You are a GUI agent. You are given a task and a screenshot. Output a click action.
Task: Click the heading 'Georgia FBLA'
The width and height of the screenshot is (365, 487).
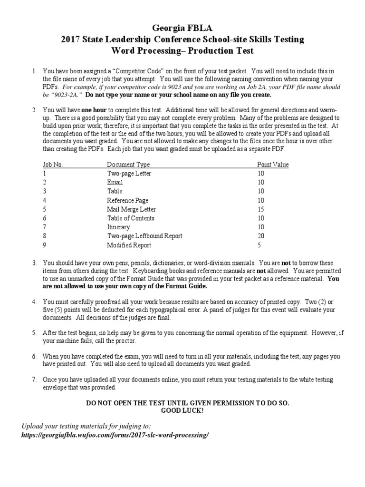[x=182, y=29]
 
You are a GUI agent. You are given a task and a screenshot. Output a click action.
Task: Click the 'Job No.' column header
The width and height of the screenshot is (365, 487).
[x=52, y=165]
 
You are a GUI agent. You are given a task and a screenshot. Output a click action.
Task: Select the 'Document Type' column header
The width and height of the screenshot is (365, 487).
[x=128, y=165]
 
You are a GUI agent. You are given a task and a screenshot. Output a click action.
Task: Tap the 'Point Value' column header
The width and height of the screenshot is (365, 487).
[x=273, y=165]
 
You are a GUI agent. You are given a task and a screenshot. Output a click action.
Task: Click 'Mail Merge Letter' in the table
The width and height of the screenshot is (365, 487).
[x=131, y=209]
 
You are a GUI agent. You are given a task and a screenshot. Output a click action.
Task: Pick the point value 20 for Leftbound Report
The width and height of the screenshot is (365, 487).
[x=261, y=236]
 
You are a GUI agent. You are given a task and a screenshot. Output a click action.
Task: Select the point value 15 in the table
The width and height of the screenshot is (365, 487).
[x=261, y=209]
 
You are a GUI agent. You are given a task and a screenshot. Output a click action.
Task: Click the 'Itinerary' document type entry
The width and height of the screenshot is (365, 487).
[x=118, y=227]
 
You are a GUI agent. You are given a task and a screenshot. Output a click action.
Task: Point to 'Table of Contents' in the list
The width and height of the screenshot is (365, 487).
[x=131, y=218]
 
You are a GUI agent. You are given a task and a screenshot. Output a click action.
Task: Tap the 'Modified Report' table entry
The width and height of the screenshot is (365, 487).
[x=129, y=245]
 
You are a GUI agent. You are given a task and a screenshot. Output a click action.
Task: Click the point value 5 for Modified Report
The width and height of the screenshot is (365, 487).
[x=259, y=245]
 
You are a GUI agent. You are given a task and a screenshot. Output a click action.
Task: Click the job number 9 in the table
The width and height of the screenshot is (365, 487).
[x=44, y=245]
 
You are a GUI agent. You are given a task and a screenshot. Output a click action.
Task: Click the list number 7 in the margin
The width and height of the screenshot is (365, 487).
[x=34, y=380]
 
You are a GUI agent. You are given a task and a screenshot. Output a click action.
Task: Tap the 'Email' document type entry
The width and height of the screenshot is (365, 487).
[x=115, y=182]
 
